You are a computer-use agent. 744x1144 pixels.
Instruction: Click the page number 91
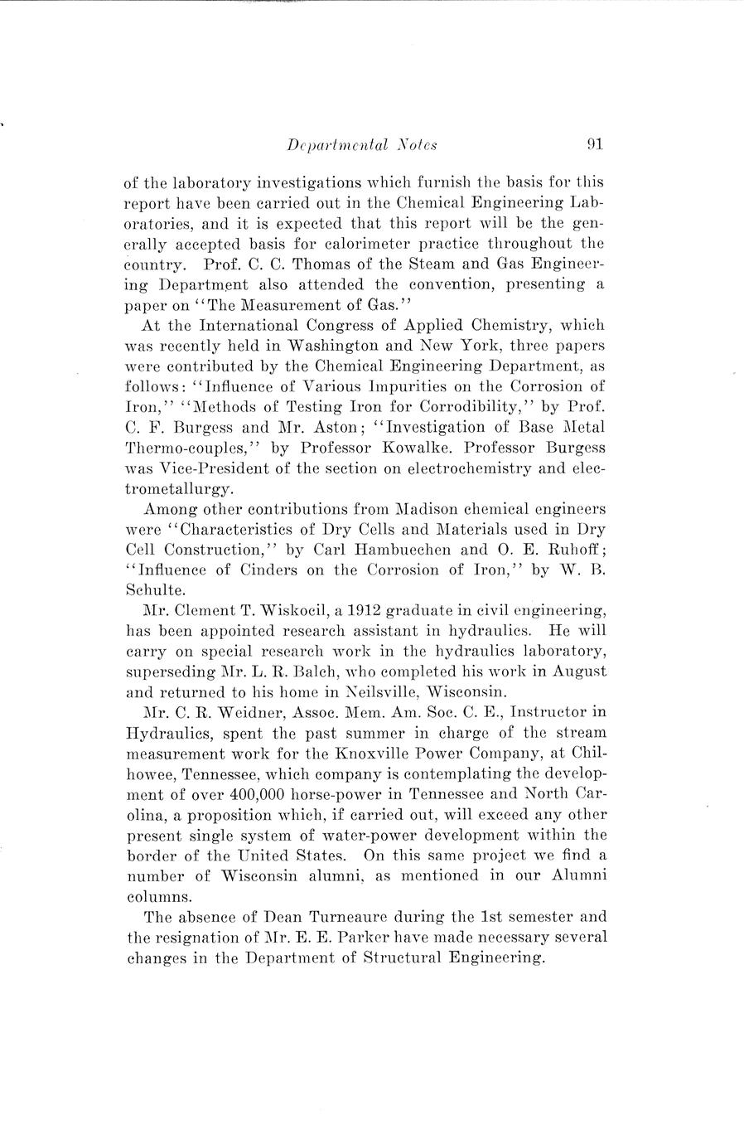(594, 143)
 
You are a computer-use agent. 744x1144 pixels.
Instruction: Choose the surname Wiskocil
(286, 610)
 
